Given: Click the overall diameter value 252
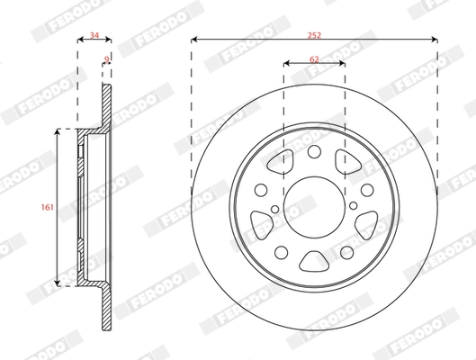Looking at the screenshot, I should coord(314,35).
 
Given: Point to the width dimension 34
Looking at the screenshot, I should coord(94,35).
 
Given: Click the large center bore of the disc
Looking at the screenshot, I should coord(314,208).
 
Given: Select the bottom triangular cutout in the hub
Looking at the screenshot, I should coord(314,261).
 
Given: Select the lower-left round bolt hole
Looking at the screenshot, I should coord(282,252).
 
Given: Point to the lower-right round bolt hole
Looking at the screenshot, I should coord(346,252).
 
